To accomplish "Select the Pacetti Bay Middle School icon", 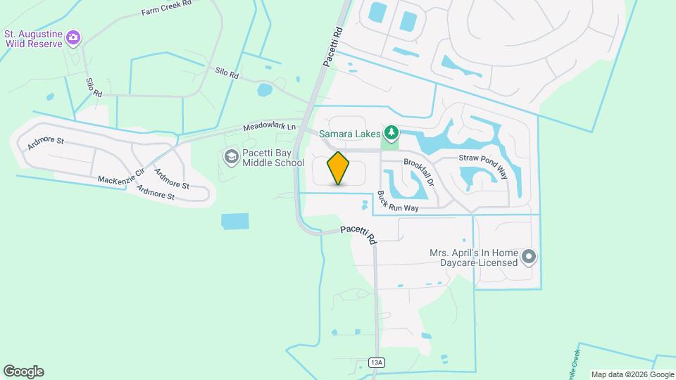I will point(231,158).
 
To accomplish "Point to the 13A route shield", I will point(377,362).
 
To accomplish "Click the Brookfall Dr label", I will point(420,172).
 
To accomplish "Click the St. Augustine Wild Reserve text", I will point(33,38).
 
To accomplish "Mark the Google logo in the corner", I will point(23,371).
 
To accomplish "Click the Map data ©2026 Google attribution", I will point(632,374).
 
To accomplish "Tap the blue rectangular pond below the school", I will point(234,222).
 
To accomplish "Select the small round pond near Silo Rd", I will point(265,90).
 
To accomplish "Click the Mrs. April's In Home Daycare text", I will point(474,258).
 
